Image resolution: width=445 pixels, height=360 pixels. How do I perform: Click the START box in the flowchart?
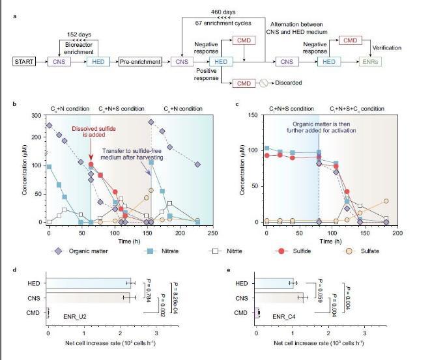25,61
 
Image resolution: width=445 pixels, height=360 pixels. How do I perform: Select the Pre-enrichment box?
140,61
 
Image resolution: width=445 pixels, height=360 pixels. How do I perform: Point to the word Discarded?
288,83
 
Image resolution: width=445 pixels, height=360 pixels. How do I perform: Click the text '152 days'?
79,35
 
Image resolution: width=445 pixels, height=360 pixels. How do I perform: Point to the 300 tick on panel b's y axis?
38,116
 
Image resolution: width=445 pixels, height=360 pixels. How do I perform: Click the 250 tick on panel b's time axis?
214,232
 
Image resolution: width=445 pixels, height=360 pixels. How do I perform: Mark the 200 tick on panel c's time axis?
397,232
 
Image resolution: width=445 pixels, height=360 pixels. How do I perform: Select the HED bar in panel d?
89,283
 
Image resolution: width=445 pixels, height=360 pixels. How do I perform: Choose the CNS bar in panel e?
280,298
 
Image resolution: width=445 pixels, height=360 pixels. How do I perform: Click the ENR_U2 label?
76,316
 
